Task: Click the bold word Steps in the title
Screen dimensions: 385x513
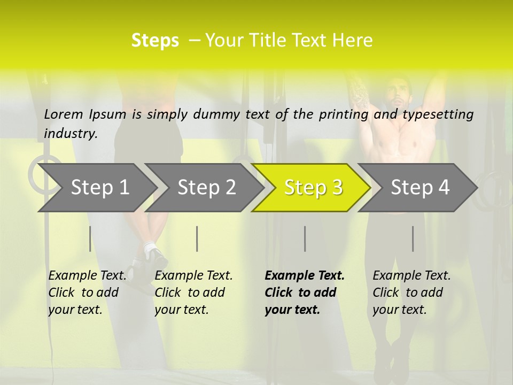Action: click(155, 40)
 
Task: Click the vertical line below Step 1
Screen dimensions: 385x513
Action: click(90, 238)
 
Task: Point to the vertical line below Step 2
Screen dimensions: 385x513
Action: click(197, 238)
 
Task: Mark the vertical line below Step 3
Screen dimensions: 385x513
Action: click(305, 238)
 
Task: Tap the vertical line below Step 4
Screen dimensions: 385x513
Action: click(413, 238)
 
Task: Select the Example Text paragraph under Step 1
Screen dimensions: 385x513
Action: click(87, 292)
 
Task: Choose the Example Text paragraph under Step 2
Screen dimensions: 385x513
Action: click(193, 292)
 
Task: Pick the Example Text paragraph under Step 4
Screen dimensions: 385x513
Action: click(411, 292)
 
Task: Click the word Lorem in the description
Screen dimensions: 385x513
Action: click(64, 114)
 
